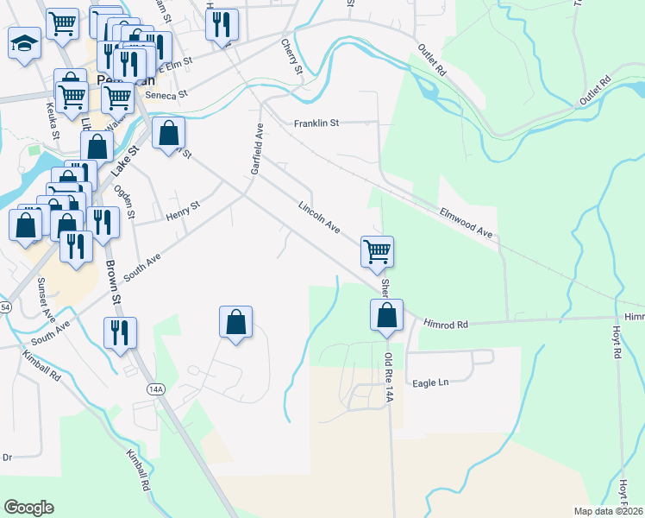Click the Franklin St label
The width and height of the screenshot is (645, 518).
[316, 123]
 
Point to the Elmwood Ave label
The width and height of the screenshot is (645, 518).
[465, 222]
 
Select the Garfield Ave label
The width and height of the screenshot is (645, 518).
[256, 148]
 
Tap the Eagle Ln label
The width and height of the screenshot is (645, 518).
[431, 382]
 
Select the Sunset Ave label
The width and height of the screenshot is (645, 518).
[43, 298]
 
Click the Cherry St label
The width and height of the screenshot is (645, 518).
[291, 55]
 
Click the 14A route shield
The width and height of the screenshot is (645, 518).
[155, 389]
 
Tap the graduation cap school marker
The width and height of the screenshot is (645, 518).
[24, 42]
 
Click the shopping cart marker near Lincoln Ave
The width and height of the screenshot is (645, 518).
[377, 252]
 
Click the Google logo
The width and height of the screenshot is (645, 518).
[28, 508]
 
